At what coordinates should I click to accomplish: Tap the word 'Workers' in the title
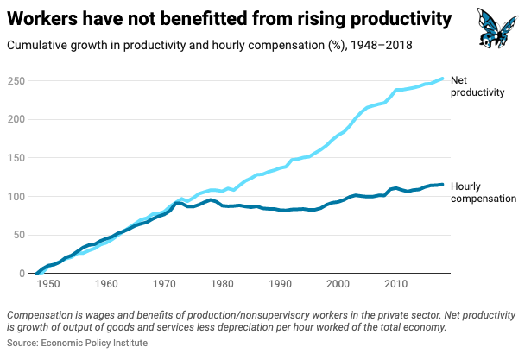44,18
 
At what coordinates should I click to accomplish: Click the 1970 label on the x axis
164,284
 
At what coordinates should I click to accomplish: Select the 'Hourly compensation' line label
484,192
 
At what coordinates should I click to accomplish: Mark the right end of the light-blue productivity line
444,79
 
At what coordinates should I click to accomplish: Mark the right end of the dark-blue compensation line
444,184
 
